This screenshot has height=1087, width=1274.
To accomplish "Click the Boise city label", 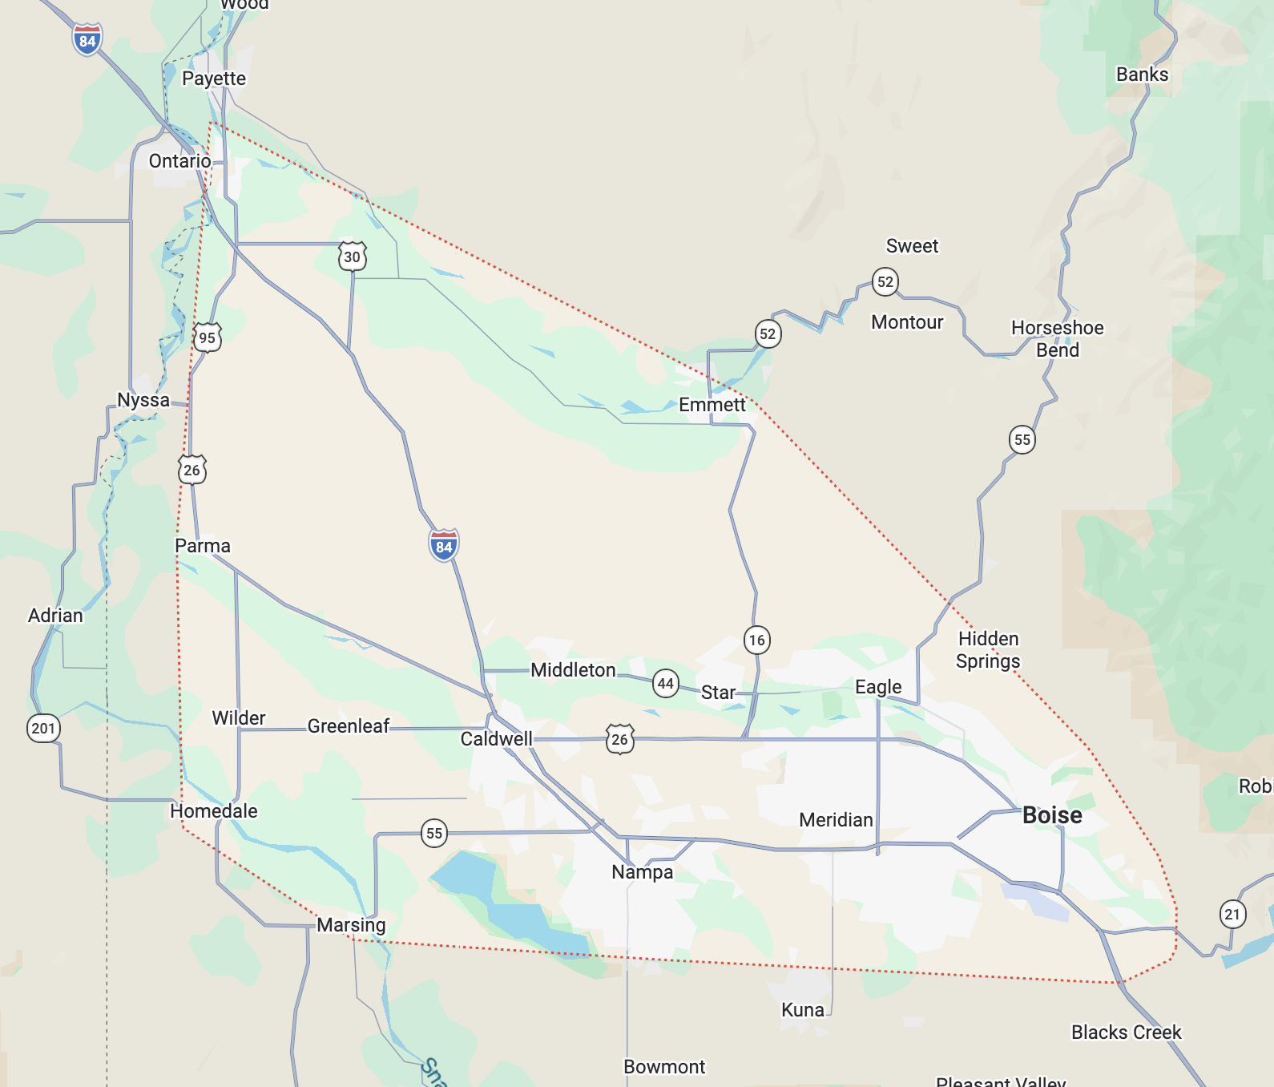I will (1052, 815).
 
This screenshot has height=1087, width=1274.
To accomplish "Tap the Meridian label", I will (836, 819).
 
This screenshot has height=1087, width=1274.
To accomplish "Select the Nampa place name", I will (642, 871).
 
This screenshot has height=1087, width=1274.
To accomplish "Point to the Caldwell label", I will (496, 738).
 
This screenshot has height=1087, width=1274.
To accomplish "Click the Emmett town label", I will (712, 404).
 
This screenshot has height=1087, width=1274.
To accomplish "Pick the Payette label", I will (214, 78).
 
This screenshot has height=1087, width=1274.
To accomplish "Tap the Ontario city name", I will (179, 160).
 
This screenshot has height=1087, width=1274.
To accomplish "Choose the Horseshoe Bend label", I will (1057, 338).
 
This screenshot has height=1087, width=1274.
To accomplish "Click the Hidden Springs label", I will (988, 649).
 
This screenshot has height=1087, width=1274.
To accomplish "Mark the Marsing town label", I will (351, 924).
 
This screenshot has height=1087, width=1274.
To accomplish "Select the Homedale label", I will (214, 810).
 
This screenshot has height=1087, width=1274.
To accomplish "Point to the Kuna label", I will (802, 1009).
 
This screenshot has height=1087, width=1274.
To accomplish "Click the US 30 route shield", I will (352, 257).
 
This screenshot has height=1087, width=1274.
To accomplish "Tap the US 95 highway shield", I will (207, 337).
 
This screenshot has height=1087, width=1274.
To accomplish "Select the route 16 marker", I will (756, 640).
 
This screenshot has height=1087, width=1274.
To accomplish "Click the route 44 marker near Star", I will (665, 684).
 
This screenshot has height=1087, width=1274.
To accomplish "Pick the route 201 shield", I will (43, 728).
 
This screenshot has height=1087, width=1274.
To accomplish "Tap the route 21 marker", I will (1232, 914).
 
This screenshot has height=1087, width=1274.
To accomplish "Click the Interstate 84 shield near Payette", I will (87, 40).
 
